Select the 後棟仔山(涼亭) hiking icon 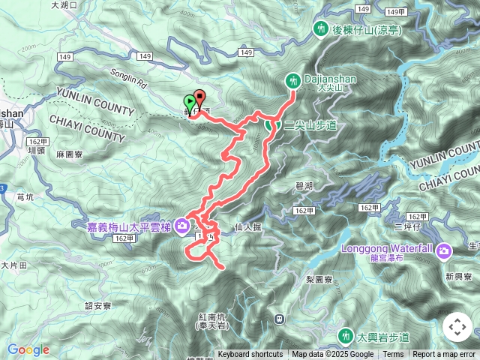coord(320,28)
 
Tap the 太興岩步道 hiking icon coord(346,334)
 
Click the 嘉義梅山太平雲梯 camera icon coord(182,226)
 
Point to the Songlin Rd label coord(109,76)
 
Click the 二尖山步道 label coord(304,125)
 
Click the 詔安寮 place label coord(98,305)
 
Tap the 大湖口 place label coord(64,4)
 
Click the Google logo coord(28,349)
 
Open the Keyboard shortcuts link coord(250,355)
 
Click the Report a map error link coord(443,355)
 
